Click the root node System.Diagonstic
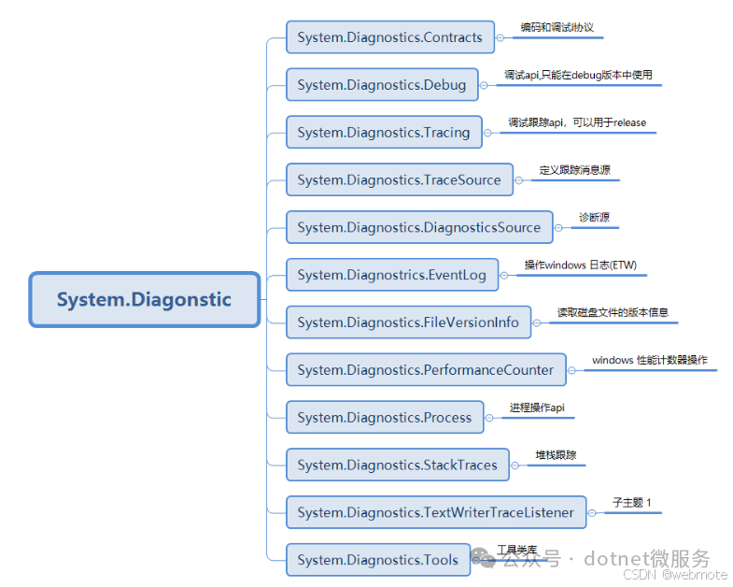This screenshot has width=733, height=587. tap(145, 300)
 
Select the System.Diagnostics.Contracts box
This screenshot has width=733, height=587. tap(389, 37)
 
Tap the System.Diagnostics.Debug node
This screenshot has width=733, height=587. tap(381, 85)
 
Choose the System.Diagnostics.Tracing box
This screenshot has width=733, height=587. tap(383, 133)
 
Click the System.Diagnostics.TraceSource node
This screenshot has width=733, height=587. tap(399, 179)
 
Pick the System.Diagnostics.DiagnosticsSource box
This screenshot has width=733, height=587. tap(418, 227)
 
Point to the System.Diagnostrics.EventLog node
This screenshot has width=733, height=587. tap(391, 275)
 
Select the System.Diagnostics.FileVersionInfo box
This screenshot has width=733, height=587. tap(408, 322)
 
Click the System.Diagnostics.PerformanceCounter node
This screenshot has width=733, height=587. tap(425, 370)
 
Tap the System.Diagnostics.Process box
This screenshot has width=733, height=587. tap(384, 418)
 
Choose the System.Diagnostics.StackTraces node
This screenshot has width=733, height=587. tap(397, 465)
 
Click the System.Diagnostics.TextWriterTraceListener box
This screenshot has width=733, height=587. tap(435, 512)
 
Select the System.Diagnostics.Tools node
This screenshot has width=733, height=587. tap(377, 560)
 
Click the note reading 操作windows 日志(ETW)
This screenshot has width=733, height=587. tap(580, 265)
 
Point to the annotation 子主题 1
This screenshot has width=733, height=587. tap(632, 503)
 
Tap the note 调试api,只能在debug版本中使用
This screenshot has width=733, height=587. tap(578, 75)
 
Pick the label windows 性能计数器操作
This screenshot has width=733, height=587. tap(649, 360)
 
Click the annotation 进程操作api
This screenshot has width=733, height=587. tap(537, 408)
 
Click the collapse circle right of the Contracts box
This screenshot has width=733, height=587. tap(500, 38)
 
